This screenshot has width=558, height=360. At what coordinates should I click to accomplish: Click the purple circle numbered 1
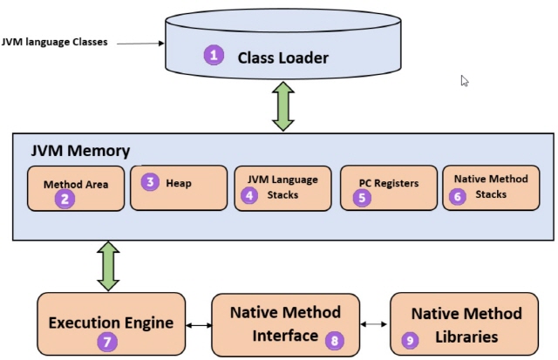pyautogui.click(x=214, y=55)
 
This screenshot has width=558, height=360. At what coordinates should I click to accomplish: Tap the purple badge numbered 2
pyautogui.click(x=65, y=199)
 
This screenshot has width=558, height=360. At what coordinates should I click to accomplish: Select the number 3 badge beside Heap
pyautogui.click(x=150, y=182)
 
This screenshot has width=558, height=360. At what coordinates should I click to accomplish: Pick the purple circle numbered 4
pyautogui.click(x=249, y=195)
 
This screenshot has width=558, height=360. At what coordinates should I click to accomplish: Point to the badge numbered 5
pyautogui.click(x=362, y=197)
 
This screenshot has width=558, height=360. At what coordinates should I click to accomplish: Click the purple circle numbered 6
pyautogui.click(x=458, y=196)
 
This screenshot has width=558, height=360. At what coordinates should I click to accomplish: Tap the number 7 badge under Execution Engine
pyautogui.click(x=107, y=342)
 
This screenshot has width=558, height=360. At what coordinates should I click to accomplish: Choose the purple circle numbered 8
pyautogui.click(x=335, y=341)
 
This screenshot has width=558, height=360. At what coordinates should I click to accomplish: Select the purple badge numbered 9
pyautogui.click(x=410, y=341)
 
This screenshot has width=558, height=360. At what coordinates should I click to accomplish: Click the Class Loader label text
pyautogui.click(x=282, y=58)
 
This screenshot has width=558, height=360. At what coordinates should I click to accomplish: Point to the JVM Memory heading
pyautogui.click(x=80, y=151)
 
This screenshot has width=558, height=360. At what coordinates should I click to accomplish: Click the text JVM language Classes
pyautogui.click(x=54, y=42)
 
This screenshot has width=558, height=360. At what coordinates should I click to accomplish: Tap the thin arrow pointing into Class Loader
pyautogui.click(x=140, y=44)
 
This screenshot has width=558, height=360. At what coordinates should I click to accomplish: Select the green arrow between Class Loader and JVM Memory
pyautogui.click(x=282, y=106)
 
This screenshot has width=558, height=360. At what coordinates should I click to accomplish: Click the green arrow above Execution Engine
pyautogui.click(x=108, y=267)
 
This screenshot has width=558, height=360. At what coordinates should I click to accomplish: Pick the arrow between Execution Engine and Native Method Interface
pyautogui.click(x=199, y=325)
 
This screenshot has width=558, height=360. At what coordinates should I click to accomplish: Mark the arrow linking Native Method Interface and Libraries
pyautogui.click(x=374, y=324)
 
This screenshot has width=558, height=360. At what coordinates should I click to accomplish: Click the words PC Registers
pyautogui.click(x=389, y=183)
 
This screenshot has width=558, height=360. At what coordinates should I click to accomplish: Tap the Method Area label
pyautogui.click(x=76, y=184)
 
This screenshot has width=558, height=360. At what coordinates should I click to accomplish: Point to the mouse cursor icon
pyautogui.click(x=465, y=81)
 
